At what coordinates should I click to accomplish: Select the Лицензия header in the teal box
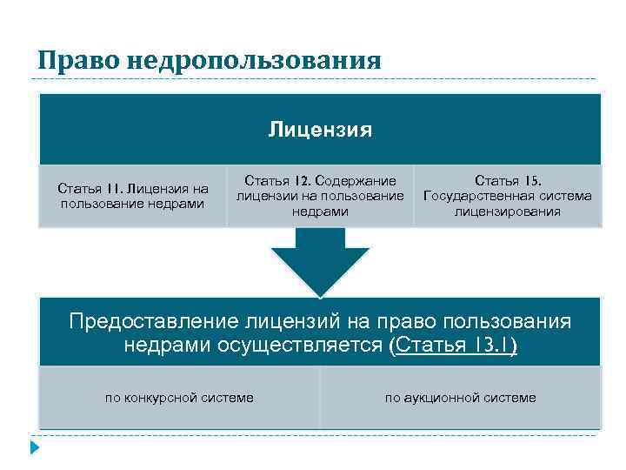pyautogui.click(x=320, y=131)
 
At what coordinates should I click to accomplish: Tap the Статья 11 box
pyautogui.click(x=132, y=196)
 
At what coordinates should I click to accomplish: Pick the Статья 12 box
pyautogui.click(x=320, y=196)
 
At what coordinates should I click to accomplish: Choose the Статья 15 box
pyautogui.click(x=508, y=196)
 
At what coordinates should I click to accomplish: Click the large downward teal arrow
pyautogui.click(x=320, y=261)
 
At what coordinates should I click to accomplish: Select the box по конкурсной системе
pyautogui.click(x=179, y=398)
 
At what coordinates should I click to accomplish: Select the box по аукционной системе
pyautogui.click(x=461, y=398)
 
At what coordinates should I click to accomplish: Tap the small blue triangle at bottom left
pyautogui.click(x=35, y=448)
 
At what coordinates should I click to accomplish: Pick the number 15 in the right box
pyautogui.click(x=531, y=180)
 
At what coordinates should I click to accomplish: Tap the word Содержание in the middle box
pyautogui.click(x=356, y=180)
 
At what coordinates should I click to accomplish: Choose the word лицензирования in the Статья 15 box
pyautogui.click(x=508, y=211)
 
